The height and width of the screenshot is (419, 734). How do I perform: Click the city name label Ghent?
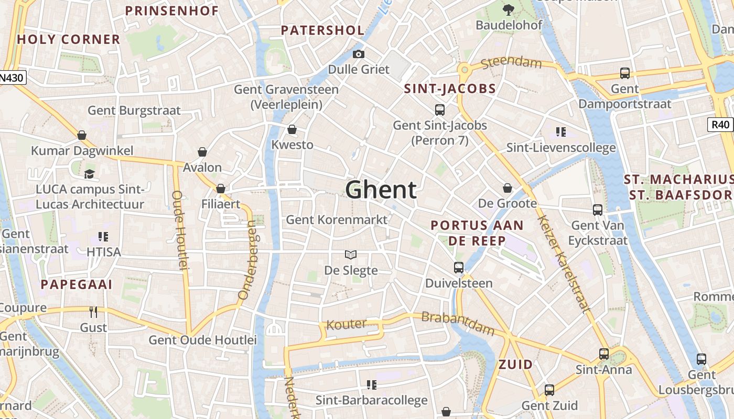pyautogui.click(x=381, y=190)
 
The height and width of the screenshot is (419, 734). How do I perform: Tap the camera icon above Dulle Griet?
pyautogui.click(x=359, y=54)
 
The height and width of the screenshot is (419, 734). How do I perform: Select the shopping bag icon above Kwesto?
pyautogui.click(x=292, y=129)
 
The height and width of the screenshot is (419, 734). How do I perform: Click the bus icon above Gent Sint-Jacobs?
pyautogui.click(x=440, y=110)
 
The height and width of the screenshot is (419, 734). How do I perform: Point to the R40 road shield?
pyautogui.click(x=721, y=125)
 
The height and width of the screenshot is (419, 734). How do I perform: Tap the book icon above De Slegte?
pyautogui.click(x=351, y=255)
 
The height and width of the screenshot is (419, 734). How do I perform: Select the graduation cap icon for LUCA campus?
pyautogui.click(x=89, y=174)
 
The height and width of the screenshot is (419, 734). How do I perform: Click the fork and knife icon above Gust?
pyautogui.click(x=94, y=312)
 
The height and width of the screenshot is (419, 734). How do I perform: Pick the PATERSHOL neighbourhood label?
pyautogui.click(x=322, y=30)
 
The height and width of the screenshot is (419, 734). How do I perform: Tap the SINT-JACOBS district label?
pyautogui.click(x=450, y=89)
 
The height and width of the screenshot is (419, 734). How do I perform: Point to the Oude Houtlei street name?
pyautogui.click(x=180, y=230)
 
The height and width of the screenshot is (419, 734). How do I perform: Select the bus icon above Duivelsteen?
pyautogui.click(x=459, y=268)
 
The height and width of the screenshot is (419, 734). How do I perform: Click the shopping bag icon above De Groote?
pyautogui.click(x=507, y=188)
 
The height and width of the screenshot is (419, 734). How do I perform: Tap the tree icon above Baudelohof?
pyautogui.click(x=508, y=9)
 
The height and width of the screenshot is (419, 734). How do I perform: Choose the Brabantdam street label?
pyautogui.click(x=458, y=324)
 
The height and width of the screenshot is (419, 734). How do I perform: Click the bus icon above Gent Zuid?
pyautogui.click(x=549, y=390)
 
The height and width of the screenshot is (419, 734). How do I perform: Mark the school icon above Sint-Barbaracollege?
pyautogui.click(x=372, y=385)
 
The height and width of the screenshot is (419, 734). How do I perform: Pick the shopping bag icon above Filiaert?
pyautogui.click(x=221, y=189)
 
